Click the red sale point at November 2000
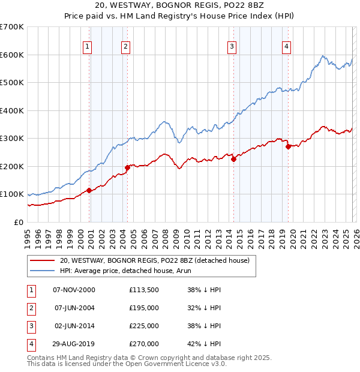(x=89, y=190)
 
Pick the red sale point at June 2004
(x=127, y=167)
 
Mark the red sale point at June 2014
(x=233, y=159)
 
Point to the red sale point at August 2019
(x=289, y=146)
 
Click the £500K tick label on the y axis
(x=12, y=83)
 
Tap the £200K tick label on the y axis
(x=12, y=166)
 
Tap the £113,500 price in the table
(x=144, y=290)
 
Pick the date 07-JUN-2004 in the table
(x=74, y=308)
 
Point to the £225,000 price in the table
(x=144, y=326)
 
